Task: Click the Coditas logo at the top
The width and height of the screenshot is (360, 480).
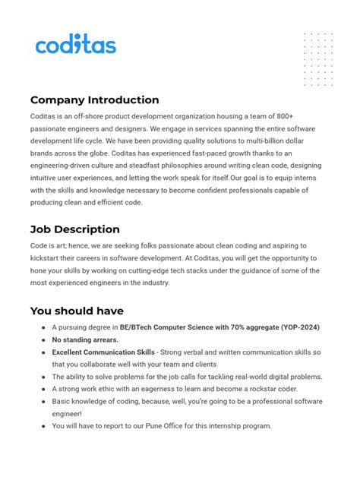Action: point(76,45)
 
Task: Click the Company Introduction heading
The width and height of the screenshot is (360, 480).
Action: point(94,99)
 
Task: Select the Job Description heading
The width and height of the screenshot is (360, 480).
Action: point(74,229)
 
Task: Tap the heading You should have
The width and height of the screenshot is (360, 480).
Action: point(77,311)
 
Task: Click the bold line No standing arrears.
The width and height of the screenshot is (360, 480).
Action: point(85,339)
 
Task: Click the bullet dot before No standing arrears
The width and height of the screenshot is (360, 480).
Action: point(43,340)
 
